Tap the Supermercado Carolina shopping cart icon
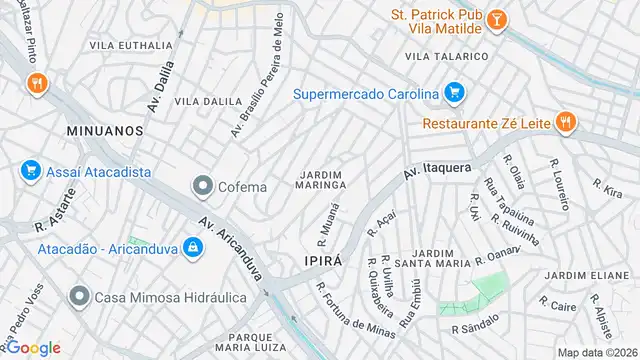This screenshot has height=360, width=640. click(x=455, y=95)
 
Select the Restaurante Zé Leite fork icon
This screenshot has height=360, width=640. click(x=565, y=123)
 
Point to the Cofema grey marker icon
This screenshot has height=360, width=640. click(x=204, y=186)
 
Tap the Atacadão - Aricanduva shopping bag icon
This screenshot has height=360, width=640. click(x=191, y=249)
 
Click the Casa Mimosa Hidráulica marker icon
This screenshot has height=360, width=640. click(x=79, y=297)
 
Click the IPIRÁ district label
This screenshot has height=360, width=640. click(x=323, y=260)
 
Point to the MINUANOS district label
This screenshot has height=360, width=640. click(x=105, y=131)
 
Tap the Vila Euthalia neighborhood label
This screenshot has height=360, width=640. click(x=130, y=45)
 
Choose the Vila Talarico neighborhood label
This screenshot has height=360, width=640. click(x=446, y=56)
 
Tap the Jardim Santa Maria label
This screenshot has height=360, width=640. click(x=440, y=260)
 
